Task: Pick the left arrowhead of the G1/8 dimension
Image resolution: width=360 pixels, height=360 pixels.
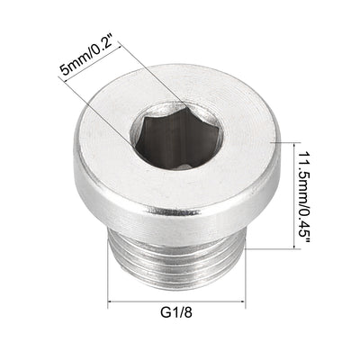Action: point(114,302)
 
